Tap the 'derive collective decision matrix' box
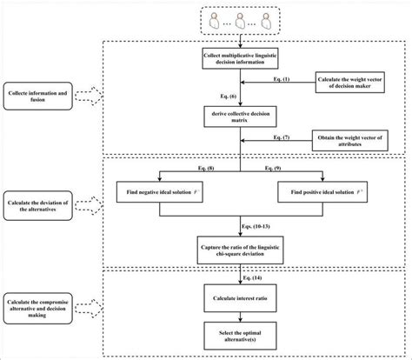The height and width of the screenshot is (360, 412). pos(243,117)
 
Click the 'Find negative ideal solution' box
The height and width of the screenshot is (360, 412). pos(165,190)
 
